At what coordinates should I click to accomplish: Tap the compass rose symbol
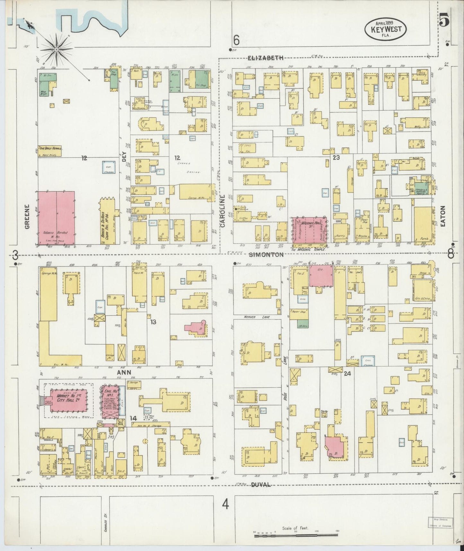[57, 49]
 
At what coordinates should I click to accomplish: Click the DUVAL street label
[261, 484]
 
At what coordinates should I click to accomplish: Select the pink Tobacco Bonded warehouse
[57, 218]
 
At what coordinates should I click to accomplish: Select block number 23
[336, 158]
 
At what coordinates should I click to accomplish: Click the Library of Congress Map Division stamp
[440, 523]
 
